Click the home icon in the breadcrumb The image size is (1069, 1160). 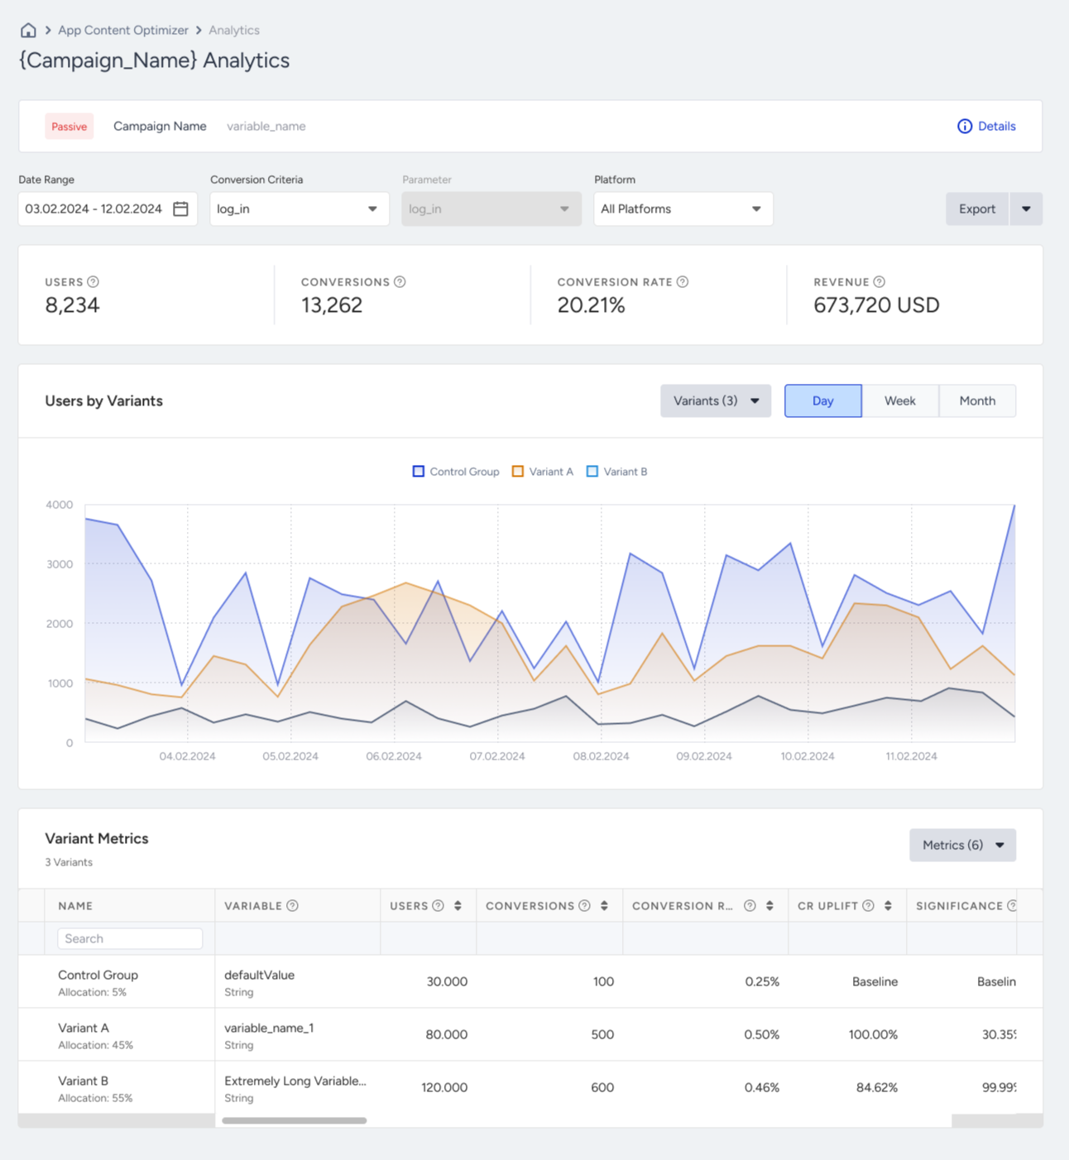[28, 30]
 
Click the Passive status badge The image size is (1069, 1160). [70, 126]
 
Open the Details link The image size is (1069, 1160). [986, 126]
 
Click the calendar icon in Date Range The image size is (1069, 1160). [180, 209]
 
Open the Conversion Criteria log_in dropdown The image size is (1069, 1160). [299, 209]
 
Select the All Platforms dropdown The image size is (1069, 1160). [683, 209]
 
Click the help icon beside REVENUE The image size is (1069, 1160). [880, 281]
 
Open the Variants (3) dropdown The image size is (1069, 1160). [716, 400]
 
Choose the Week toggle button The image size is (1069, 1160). [900, 400]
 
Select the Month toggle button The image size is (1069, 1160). [978, 400]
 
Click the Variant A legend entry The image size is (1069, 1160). [543, 472]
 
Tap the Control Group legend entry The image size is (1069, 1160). [456, 472]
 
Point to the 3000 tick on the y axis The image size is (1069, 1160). [60, 563]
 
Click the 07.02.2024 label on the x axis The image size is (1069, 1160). [497, 755]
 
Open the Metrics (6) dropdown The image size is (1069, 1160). [962, 845]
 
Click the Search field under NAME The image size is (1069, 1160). [130, 938]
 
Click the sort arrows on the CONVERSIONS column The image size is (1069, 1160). [604, 905]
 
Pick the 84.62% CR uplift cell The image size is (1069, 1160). [877, 1087]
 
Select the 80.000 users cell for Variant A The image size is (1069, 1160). [447, 1034]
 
